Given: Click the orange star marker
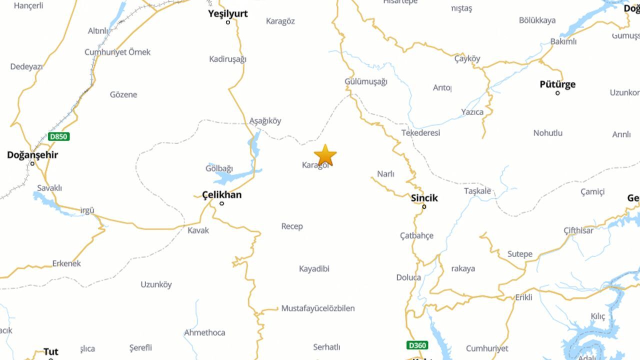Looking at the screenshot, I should coord(325,155).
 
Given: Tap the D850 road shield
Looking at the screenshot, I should coord(58,136).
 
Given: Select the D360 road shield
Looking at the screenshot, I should coord(417,345).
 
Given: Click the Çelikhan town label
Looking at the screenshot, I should coord(221,195).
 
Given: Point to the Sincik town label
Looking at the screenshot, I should coord(424,198).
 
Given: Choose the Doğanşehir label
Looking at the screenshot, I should coord(32,155).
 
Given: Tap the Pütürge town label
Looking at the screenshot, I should coord(557,84).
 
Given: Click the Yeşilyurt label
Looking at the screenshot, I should coord(228,13).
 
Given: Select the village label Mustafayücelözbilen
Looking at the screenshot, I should coord(318,308).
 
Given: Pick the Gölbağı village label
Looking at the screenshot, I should coord(219,168).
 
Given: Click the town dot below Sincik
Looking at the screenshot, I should coord(424,206).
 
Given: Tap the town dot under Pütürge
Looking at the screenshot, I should coord(557,93).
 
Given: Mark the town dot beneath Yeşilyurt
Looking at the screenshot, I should coord(228,22).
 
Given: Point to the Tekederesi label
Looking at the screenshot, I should coord(420,133).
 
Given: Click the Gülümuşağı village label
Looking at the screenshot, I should coord(366,81).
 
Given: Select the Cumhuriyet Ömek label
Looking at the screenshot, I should coord(117,52).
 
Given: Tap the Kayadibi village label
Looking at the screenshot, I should coord(314,269).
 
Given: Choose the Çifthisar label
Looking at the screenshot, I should coord(578,230).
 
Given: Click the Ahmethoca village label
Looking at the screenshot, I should coord(204,332).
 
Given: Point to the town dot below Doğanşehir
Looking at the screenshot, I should coord(32,163).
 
